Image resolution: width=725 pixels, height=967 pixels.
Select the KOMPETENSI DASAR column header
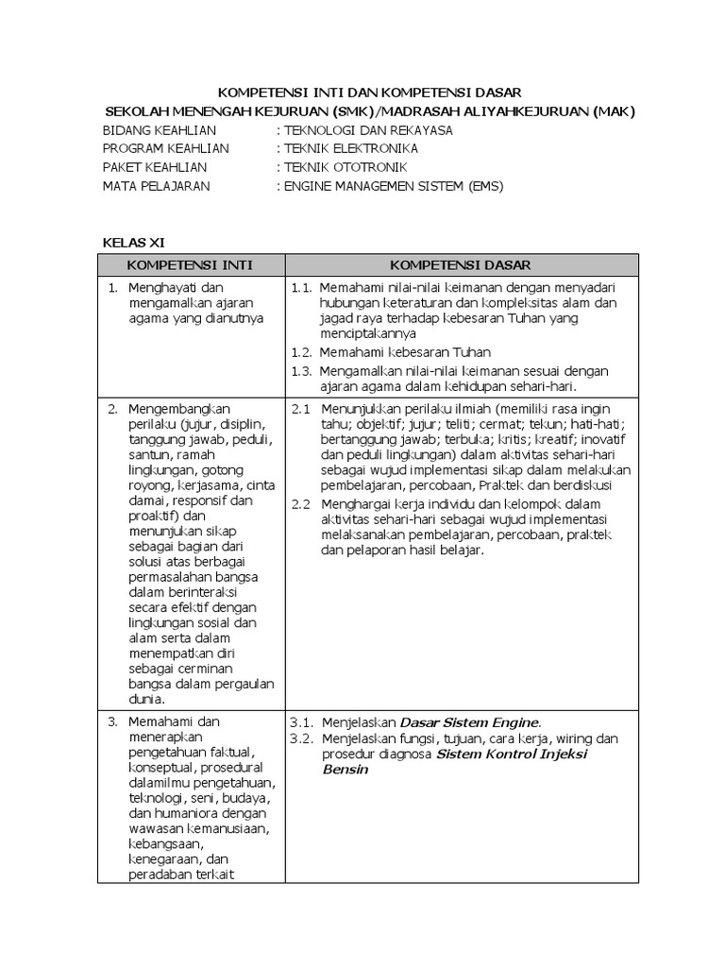(461, 264)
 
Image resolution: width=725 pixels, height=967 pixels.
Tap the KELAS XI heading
(133, 242)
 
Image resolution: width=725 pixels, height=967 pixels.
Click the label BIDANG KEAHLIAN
(159, 130)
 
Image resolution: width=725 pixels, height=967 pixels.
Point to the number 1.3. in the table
(301, 370)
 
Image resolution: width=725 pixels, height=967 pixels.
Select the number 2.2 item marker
(300, 503)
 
